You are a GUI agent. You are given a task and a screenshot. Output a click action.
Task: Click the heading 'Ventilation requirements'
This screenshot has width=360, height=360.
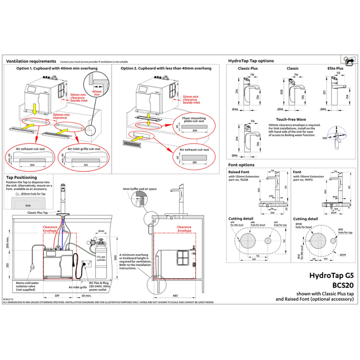pyautogui.click(x=31, y=61)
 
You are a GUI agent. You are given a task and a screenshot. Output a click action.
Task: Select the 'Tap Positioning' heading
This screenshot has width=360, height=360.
pyautogui.click(x=21, y=178)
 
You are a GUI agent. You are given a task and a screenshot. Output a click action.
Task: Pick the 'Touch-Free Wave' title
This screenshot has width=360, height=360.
pyautogui.click(x=291, y=120)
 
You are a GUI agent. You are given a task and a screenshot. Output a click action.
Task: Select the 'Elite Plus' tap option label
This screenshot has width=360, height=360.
pyautogui.click(x=335, y=69)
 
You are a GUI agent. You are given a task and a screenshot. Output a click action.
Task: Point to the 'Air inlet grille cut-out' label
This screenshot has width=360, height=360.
pyautogui.click(x=84, y=149)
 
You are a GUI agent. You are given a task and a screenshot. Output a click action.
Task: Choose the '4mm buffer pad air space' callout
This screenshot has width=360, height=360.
pyautogui.click(x=139, y=189)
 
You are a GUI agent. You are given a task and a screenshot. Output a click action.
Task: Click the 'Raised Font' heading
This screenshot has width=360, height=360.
pyautogui.click(x=239, y=172)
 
